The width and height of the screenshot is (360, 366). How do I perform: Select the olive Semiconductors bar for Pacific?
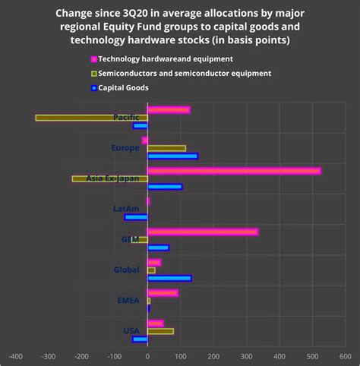point(91,118)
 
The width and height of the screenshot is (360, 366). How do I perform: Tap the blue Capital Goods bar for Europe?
point(172,156)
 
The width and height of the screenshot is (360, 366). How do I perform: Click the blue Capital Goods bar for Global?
point(169,278)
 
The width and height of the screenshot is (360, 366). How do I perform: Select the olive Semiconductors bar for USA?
point(160,331)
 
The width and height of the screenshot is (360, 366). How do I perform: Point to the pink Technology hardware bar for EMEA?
point(163,293)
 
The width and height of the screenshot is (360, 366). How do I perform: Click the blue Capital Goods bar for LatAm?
point(137,217)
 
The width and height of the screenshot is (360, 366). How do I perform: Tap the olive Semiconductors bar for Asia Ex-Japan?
point(109,178)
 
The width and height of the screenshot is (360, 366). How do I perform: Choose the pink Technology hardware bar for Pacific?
point(169,110)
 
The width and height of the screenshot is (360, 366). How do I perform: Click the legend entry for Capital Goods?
point(126,87)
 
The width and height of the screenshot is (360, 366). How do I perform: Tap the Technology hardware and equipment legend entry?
point(167,58)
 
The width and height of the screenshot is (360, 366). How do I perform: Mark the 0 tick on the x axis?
point(147,355)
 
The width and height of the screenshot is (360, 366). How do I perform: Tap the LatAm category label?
point(126,209)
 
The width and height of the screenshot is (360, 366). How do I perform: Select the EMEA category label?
point(128,301)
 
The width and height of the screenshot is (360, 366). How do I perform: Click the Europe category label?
point(125,147)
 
